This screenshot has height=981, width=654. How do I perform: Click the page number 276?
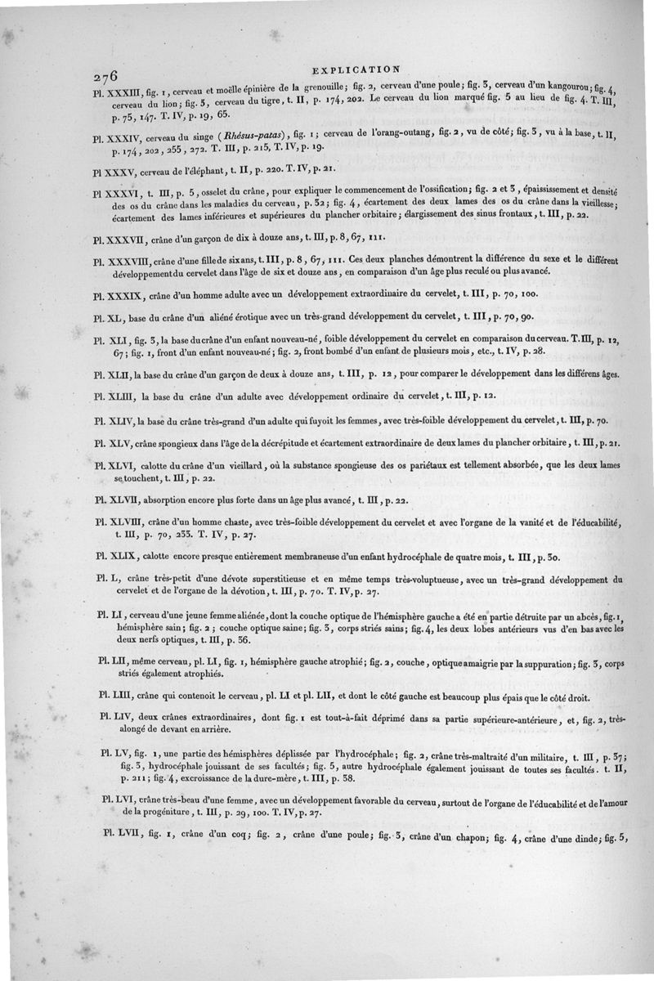point(106,76)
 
